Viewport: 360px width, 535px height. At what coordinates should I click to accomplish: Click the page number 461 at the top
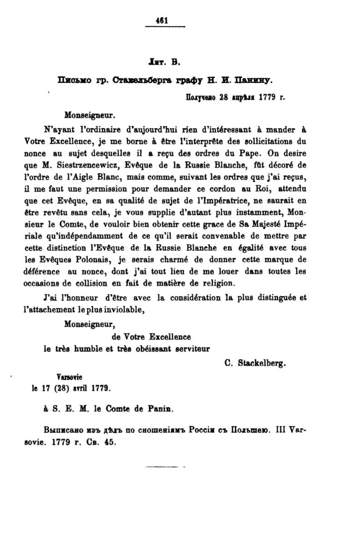tap(161, 20)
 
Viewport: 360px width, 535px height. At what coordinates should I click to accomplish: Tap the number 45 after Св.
tap(110, 442)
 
